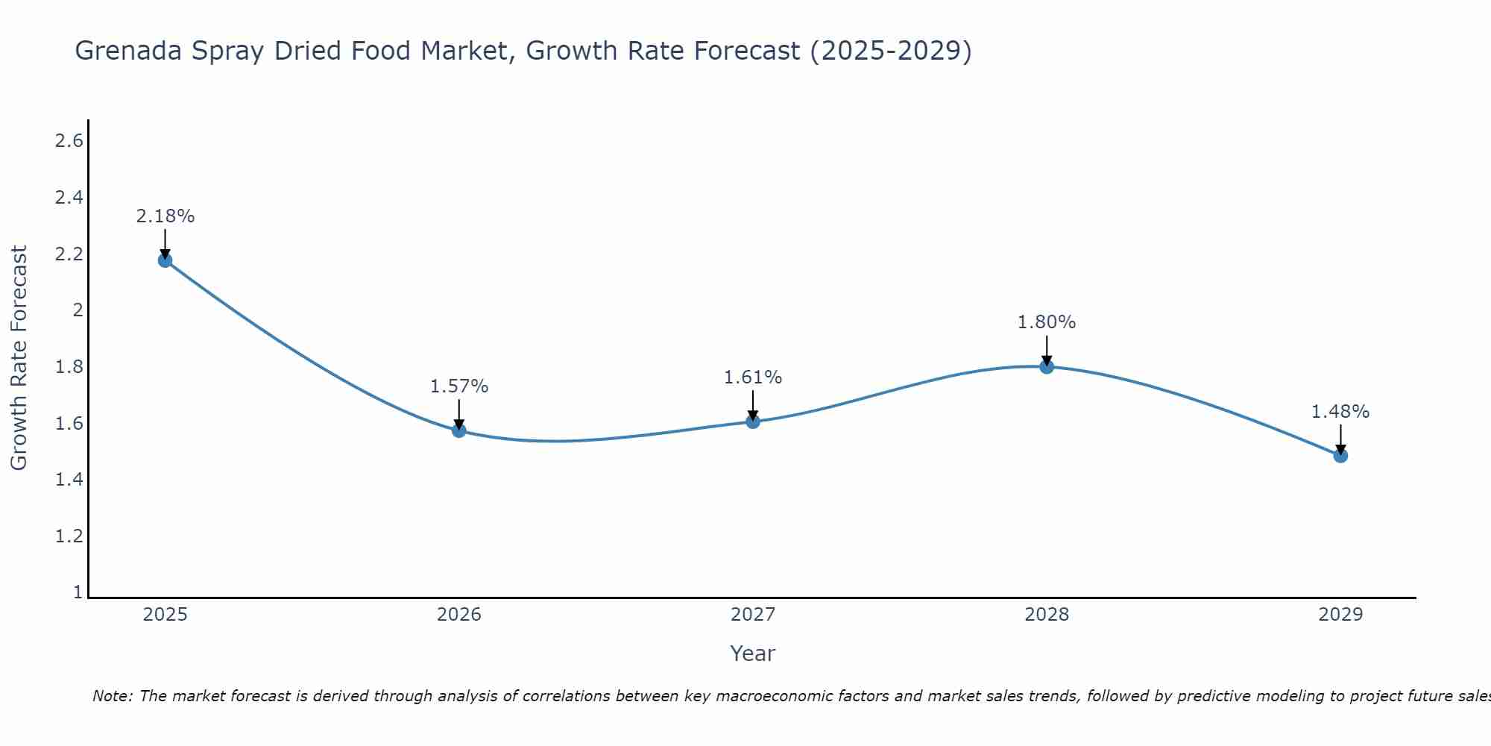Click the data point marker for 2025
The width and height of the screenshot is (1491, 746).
coord(165,260)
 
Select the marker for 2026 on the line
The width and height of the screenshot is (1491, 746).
coord(458,430)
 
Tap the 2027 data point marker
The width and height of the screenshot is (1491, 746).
coord(753,421)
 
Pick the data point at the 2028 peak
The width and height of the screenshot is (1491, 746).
coord(1047,366)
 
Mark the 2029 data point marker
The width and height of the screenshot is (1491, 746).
coord(1340,456)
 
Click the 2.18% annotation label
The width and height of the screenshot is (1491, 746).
coord(165,216)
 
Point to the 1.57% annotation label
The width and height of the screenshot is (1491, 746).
coord(458,386)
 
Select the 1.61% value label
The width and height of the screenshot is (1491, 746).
coord(753,377)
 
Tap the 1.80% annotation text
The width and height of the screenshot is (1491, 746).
coord(1047,322)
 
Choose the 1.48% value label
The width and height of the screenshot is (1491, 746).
coord(1340,412)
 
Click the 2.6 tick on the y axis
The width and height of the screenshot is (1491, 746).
coord(69,141)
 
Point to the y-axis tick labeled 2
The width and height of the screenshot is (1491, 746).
coord(77,310)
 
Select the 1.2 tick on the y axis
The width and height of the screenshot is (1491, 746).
coord(69,536)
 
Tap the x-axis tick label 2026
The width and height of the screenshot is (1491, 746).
coord(458,615)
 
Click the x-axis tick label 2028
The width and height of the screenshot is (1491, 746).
coord(1047,615)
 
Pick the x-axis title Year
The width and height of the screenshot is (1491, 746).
coord(753,653)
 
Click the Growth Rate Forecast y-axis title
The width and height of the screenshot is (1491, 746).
coord(19,358)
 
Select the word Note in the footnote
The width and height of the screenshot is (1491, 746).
coord(111,696)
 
